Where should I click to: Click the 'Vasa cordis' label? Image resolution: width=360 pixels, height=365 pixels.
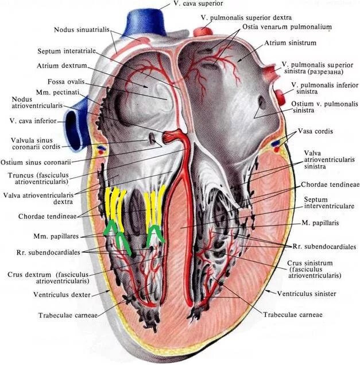click(315, 131)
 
